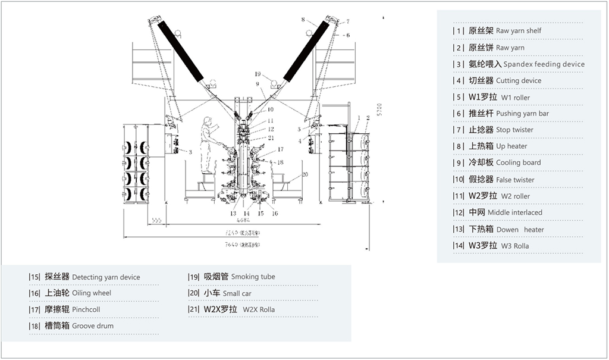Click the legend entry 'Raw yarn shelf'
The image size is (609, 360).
pyautogui.click(x=505, y=30)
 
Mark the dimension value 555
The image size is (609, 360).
pyautogui.click(x=157, y=220)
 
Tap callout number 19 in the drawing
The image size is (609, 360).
pyautogui.click(x=258, y=74)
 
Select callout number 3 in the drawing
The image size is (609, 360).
pyautogui.click(x=190, y=152)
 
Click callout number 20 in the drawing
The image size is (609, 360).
pyautogui.click(x=305, y=174)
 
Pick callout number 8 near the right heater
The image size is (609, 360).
pyautogui.click(x=303, y=20)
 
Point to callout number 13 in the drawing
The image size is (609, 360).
pyautogui.click(x=233, y=213)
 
